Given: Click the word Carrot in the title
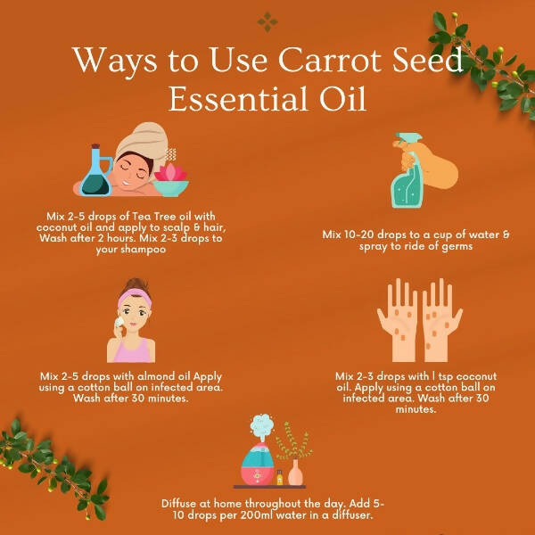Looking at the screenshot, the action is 330,60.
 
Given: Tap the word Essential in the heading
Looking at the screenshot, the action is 240,99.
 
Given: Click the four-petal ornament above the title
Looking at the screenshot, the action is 267,22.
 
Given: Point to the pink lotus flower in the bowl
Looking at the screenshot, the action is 170,171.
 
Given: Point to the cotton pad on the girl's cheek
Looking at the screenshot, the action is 119,322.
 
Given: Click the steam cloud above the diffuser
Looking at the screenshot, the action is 261,424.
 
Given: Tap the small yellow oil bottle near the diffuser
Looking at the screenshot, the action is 280,477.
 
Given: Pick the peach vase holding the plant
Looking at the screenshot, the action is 295,473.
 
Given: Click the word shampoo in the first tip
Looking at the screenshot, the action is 131,250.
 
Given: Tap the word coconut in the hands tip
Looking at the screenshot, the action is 476,376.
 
